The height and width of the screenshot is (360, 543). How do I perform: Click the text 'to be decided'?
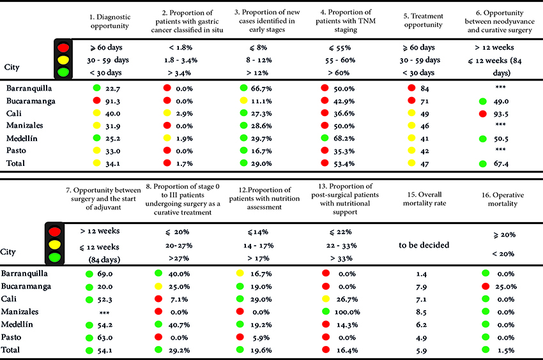[x=424, y=245]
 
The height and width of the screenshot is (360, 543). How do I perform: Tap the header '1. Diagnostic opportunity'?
[x=109, y=21]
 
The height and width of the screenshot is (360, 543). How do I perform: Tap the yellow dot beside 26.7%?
[x=325, y=299]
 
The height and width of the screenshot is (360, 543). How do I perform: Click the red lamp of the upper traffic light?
[x=62, y=47]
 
